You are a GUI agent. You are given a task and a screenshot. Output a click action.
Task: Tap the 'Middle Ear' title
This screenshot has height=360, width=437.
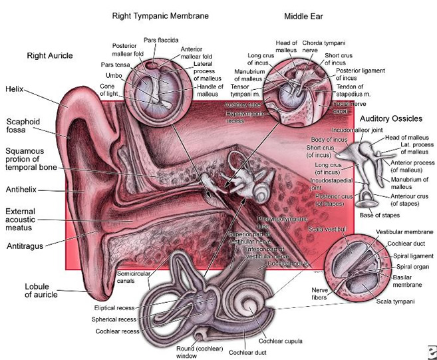pos(303,15)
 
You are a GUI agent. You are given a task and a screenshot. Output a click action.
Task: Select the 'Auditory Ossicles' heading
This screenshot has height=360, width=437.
pos(390,118)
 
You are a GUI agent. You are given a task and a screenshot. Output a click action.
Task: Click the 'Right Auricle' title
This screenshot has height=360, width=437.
pos(50,56)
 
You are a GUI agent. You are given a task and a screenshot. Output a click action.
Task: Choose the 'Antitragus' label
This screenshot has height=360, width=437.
pos(25,246)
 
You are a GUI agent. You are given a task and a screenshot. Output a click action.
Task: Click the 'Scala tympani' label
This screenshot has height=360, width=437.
pos(394,301)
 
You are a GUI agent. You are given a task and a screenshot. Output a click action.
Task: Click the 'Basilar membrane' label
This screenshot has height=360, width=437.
pos(408,279)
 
